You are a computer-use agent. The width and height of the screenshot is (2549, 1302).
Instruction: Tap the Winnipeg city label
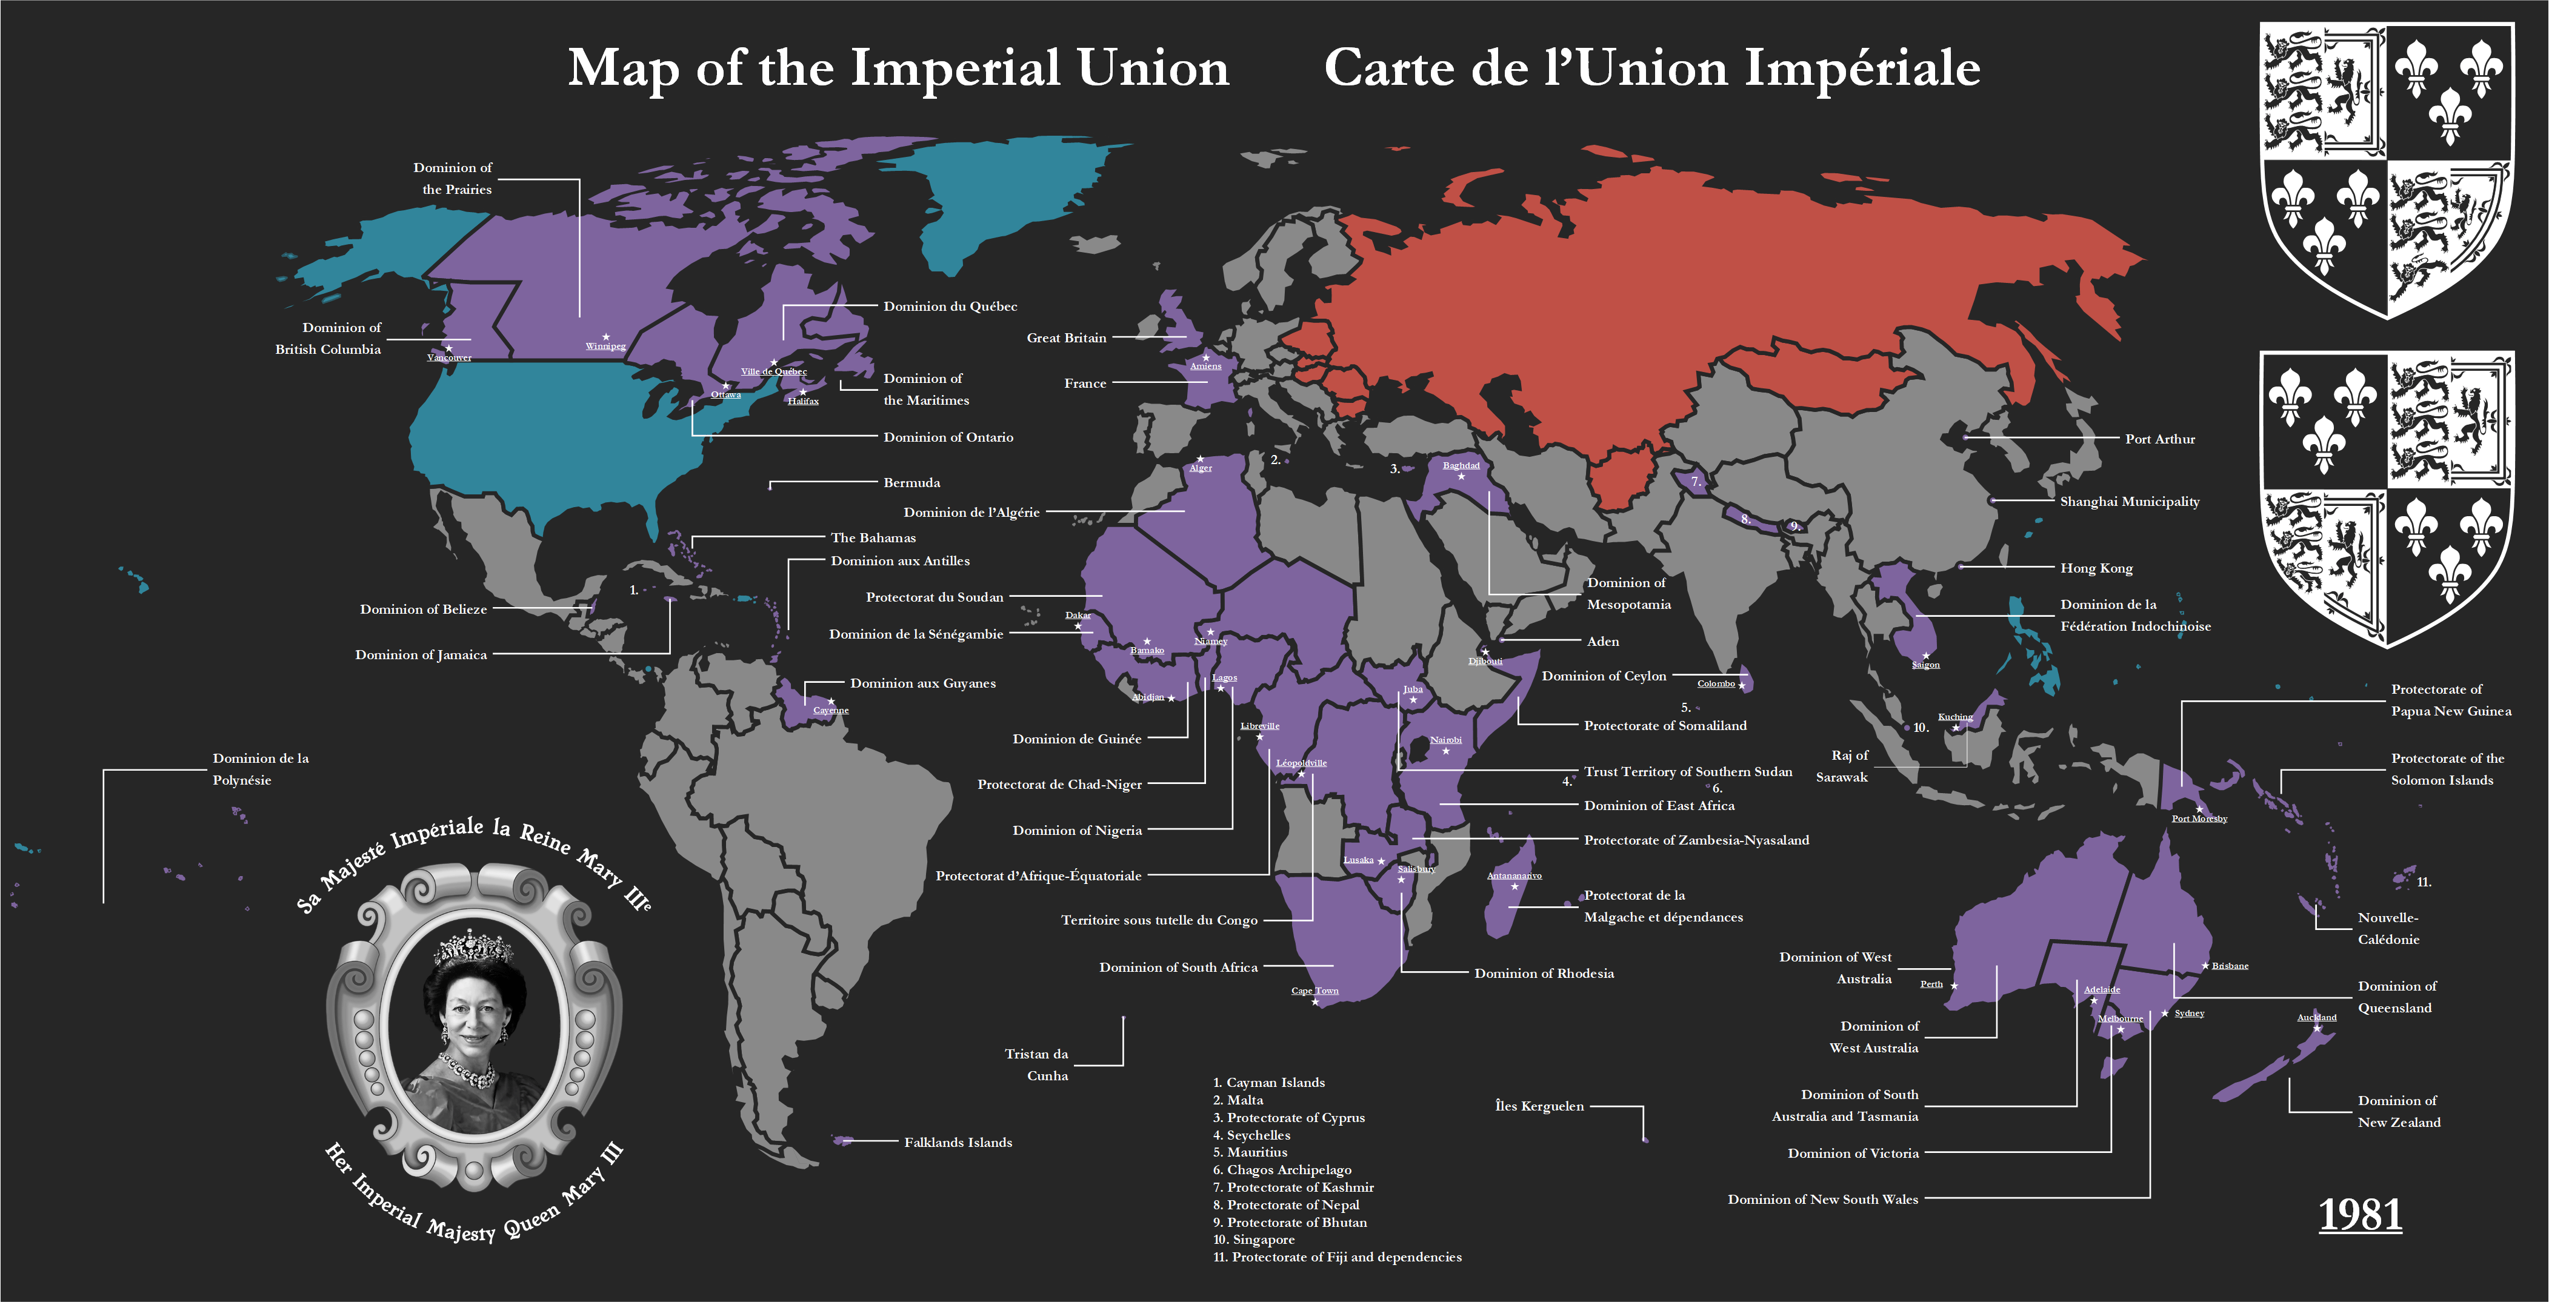click(605, 347)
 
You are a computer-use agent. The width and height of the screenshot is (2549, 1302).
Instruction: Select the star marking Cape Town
click(1315, 1002)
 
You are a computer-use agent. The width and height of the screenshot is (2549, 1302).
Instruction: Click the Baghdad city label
click(1462, 466)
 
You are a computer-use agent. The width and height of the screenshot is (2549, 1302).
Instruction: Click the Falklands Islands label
click(958, 1143)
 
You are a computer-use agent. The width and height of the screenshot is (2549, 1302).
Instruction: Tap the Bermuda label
click(911, 483)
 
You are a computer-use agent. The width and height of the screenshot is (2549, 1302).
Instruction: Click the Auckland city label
click(2316, 1017)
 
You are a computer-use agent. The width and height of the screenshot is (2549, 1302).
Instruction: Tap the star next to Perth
click(1954, 985)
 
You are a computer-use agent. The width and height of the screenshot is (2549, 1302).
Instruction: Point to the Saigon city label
click(1925, 665)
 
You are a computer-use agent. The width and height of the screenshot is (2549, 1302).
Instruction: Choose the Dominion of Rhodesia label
click(1544, 974)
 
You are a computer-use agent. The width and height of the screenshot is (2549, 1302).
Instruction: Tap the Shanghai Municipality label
click(2130, 502)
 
